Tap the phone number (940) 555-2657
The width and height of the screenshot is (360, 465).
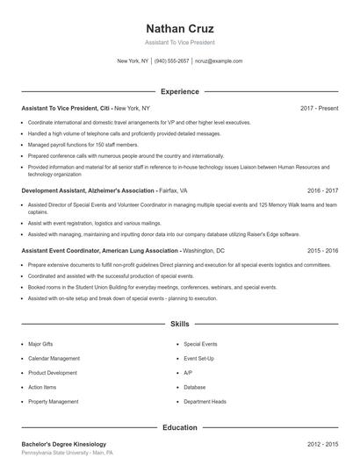[x=172, y=61]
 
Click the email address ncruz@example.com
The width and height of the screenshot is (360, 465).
[x=219, y=61]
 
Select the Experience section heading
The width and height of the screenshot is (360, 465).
[x=180, y=91]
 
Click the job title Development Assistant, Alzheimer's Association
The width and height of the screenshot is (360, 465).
[x=87, y=190]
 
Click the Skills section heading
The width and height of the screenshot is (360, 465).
[x=180, y=324]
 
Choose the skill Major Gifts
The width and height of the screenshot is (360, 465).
[x=41, y=344]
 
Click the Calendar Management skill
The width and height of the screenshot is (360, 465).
[x=54, y=358]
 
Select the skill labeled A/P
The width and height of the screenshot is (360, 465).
[x=188, y=373]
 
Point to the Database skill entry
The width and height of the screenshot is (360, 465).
[x=195, y=387]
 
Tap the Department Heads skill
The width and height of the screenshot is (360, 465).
[x=205, y=401]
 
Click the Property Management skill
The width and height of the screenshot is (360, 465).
[x=54, y=401]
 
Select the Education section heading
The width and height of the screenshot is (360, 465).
[x=180, y=427]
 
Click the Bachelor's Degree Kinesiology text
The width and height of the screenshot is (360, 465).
[x=64, y=444]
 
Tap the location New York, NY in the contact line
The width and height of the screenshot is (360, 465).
[x=133, y=61]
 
